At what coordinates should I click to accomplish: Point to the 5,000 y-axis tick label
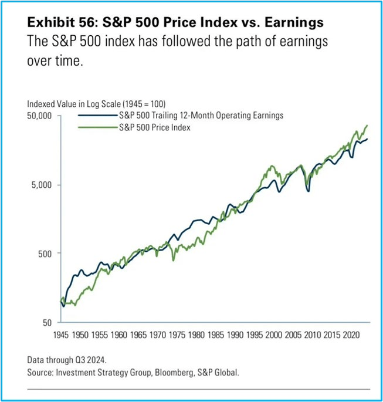(42, 185)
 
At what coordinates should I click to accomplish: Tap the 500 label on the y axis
(46, 254)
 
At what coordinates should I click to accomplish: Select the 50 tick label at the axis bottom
(48, 323)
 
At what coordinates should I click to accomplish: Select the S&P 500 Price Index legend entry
(155, 127)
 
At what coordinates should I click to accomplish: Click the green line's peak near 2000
(271, 166)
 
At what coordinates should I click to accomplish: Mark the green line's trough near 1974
(173, 260)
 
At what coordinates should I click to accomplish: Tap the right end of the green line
(367, 125)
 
